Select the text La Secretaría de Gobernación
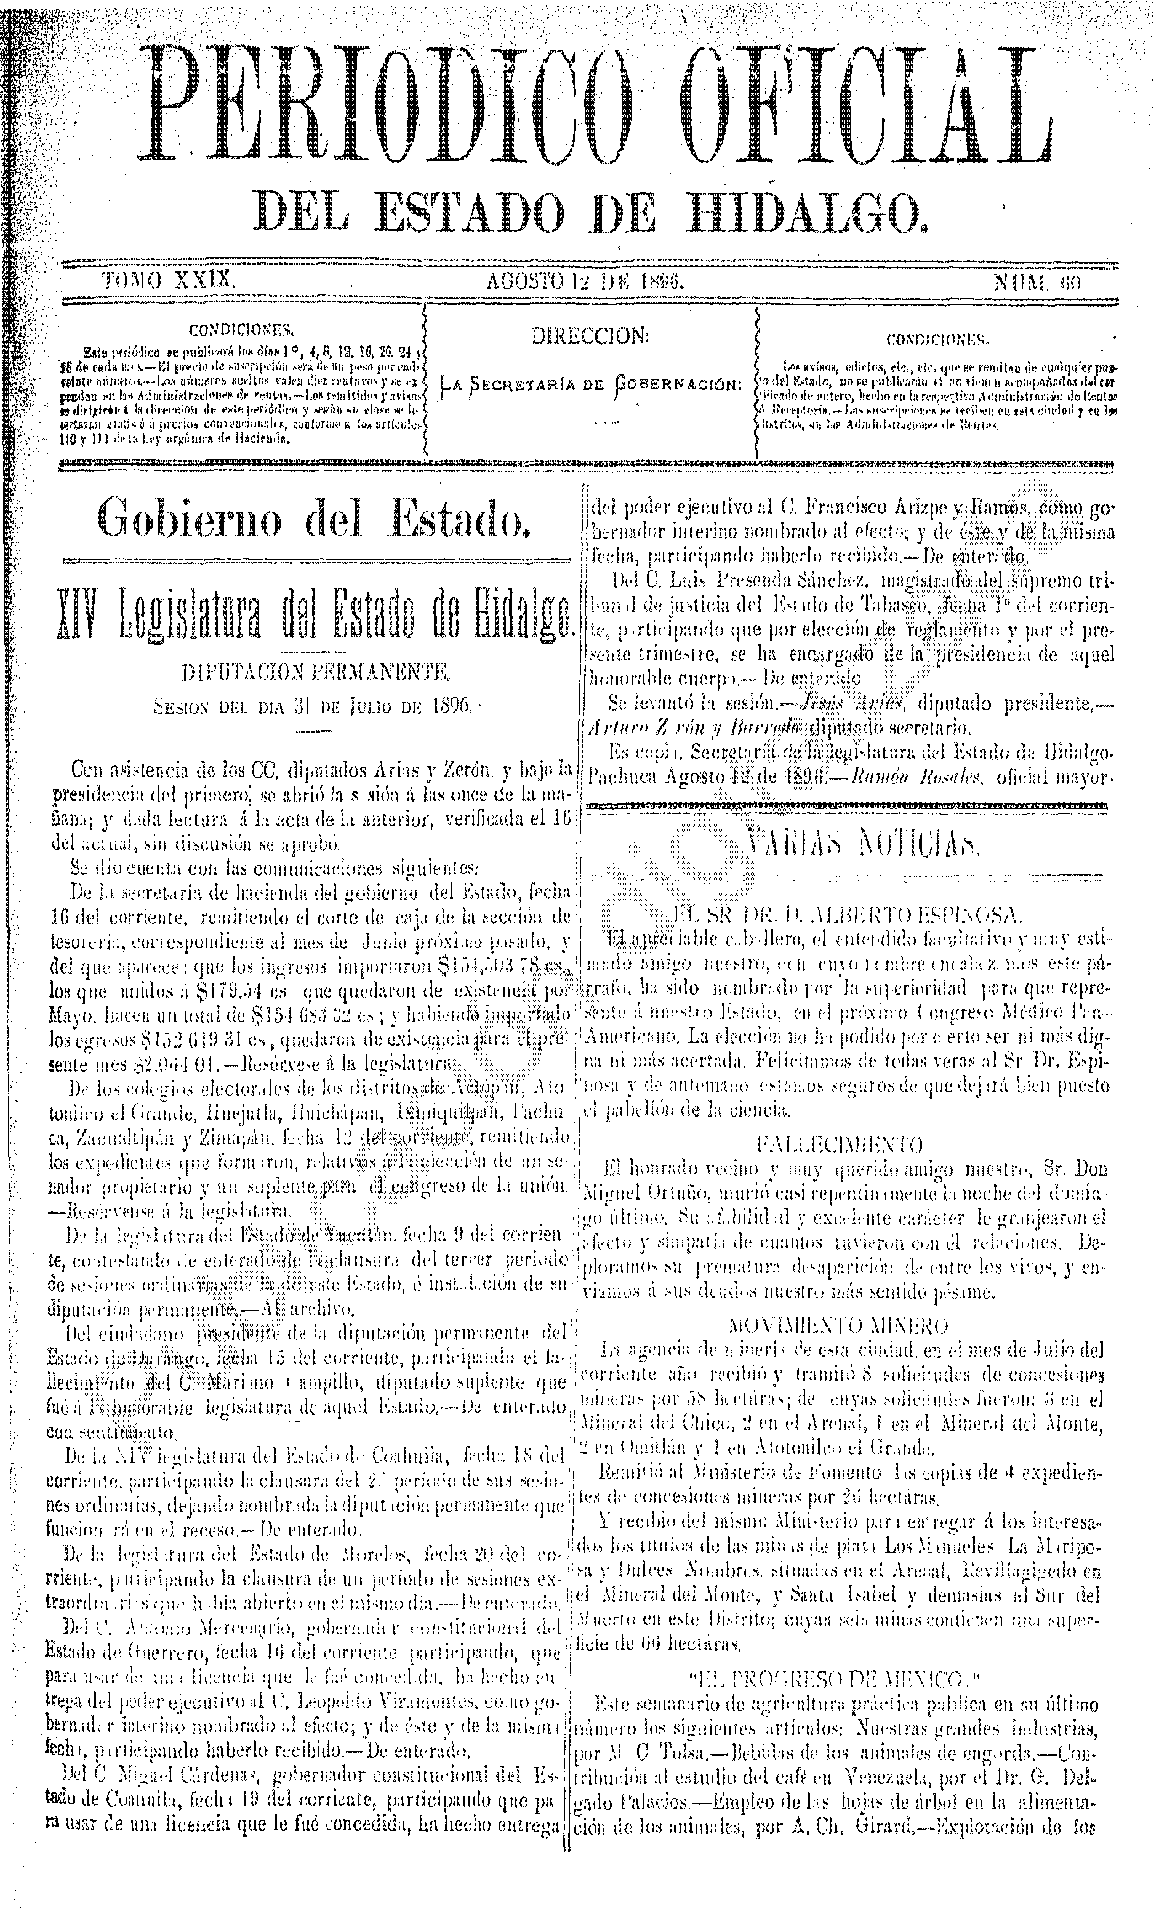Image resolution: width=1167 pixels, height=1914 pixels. pos(590,384)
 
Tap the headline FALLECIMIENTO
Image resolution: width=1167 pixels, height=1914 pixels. pos(840,1144)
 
